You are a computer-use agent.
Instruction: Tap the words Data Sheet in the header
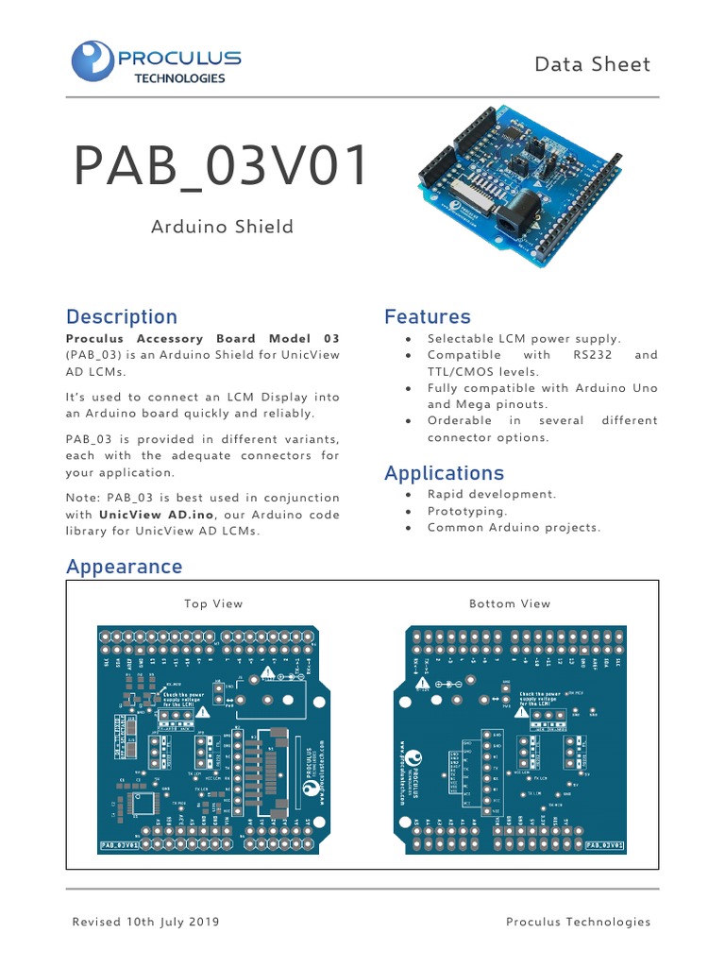(592, 64)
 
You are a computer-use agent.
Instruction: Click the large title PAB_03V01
(222, 167)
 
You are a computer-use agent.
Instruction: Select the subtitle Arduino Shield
(222, 227)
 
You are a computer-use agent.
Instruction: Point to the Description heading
(121, 317)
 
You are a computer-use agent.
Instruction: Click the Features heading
(427, 317)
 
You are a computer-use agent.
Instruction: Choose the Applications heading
(444, 473)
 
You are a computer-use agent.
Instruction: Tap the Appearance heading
(124, 567)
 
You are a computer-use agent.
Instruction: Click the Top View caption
(213, 603)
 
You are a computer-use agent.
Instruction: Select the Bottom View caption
(510, 603)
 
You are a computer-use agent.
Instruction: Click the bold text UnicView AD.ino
(157, 515)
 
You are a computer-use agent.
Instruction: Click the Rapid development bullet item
(492, 494)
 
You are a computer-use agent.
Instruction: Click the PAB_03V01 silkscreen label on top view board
(120, 846)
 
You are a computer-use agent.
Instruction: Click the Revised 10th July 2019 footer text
(146, 922)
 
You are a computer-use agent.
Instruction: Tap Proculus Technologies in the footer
(578, 922)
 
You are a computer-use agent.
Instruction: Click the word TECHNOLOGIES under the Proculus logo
(172, 78)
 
